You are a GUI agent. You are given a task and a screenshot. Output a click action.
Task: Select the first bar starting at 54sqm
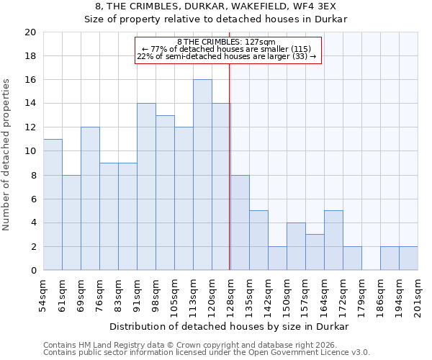pos(53,204)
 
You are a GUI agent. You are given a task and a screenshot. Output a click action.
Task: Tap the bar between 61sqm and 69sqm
pos(71,222)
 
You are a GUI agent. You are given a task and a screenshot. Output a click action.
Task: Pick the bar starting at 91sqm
pos(146,186)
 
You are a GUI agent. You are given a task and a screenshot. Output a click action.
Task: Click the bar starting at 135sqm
pos(258,240)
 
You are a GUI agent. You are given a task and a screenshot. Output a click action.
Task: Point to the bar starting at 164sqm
pos(333,240)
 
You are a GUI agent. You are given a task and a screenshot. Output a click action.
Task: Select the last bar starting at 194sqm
pos(408,258)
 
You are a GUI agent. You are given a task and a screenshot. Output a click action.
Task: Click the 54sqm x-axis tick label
pos(43,294)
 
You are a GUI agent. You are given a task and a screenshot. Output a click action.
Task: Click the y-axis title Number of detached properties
pos(7,156)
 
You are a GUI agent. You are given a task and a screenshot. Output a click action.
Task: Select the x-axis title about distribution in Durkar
pos(230,326)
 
